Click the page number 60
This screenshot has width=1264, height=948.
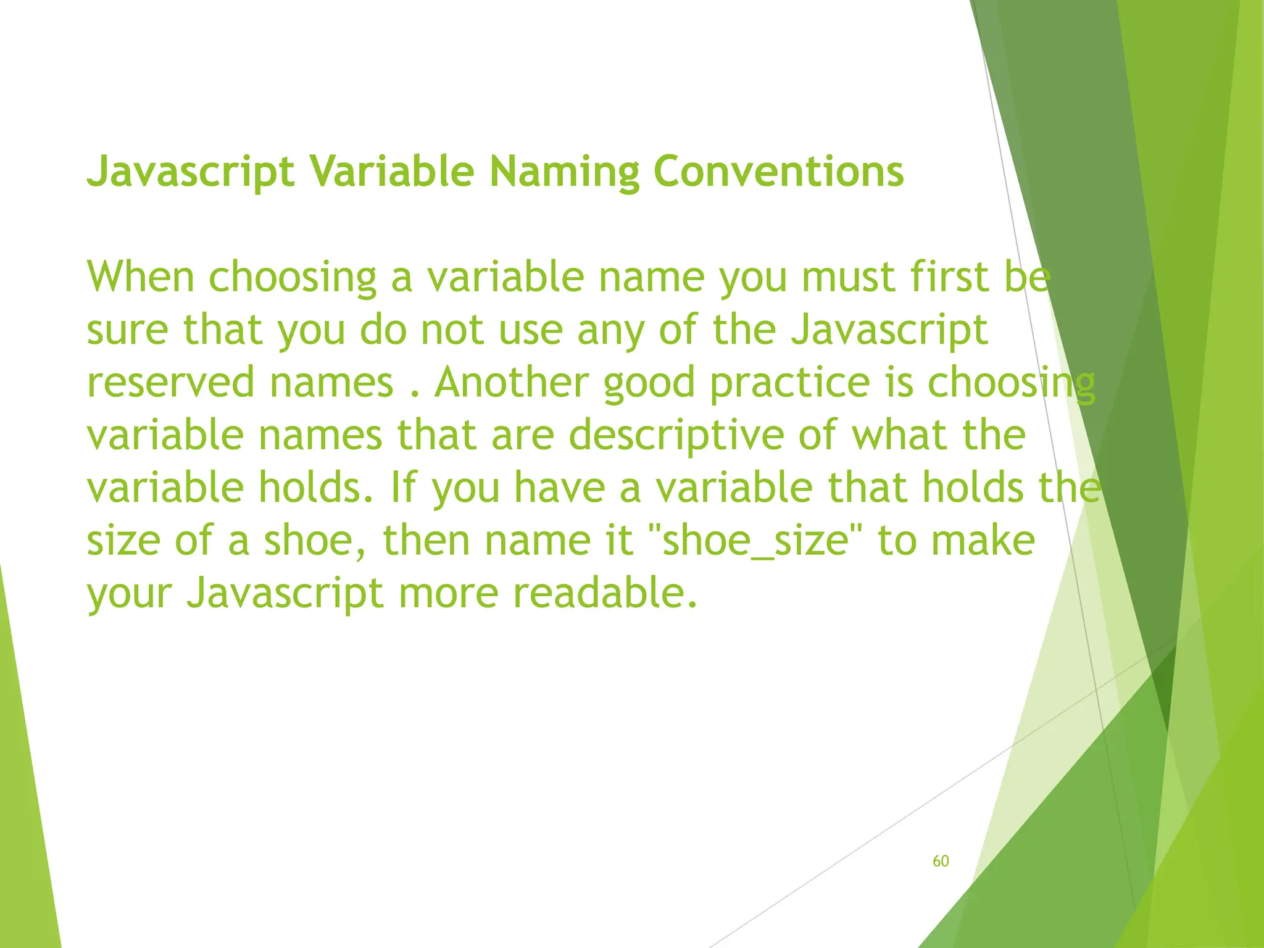click(x=941, y=861)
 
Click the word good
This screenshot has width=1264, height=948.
click(x=649, y=383)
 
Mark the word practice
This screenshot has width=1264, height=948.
click(x=790, y=383)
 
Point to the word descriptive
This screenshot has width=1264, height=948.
click(x=676, y=434)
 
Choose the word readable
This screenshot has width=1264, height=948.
click(x=605, y=592)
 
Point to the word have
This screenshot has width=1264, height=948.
click(x=560, y=487)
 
